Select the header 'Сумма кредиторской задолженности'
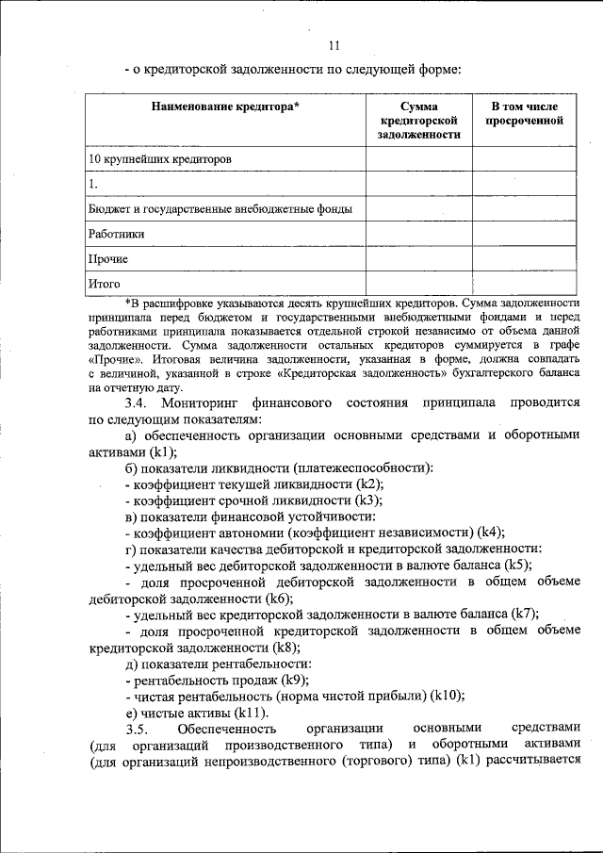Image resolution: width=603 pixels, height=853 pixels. coord(418,121)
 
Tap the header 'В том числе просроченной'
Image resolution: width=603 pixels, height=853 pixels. coord(524,114)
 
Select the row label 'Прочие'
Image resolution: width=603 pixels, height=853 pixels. coord(108,257)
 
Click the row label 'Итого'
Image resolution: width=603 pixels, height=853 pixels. coord(106,282)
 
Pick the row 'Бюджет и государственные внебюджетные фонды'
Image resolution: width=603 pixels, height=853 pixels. coord(220,208)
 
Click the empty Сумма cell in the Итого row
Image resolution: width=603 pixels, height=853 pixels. coord(418,282)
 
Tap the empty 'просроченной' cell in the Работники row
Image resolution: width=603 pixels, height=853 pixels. coord(524,233)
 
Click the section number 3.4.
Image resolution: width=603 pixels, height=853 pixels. coord(139,403)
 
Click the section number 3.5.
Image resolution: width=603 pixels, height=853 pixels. coord(138,729)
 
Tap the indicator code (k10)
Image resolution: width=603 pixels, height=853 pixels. coord(447,696)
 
